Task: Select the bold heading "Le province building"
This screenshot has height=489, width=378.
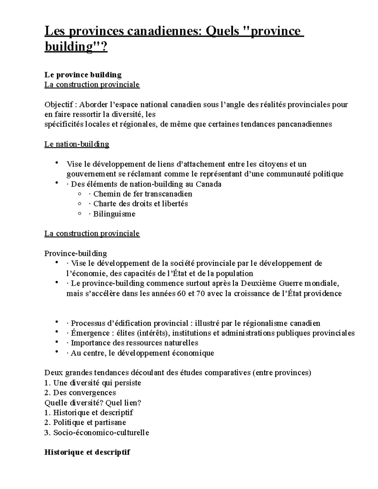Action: click(83, 75)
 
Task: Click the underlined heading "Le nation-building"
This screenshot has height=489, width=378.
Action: click(77, 144)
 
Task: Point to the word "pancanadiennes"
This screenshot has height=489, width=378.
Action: click(304, 124)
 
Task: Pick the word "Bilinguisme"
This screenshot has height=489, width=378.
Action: click(114, 214)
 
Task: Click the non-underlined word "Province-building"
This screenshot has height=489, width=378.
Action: click(76, 253)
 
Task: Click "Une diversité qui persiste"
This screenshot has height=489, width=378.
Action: click(97, 383)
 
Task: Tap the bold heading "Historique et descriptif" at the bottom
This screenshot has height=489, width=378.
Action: click(87, 452)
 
